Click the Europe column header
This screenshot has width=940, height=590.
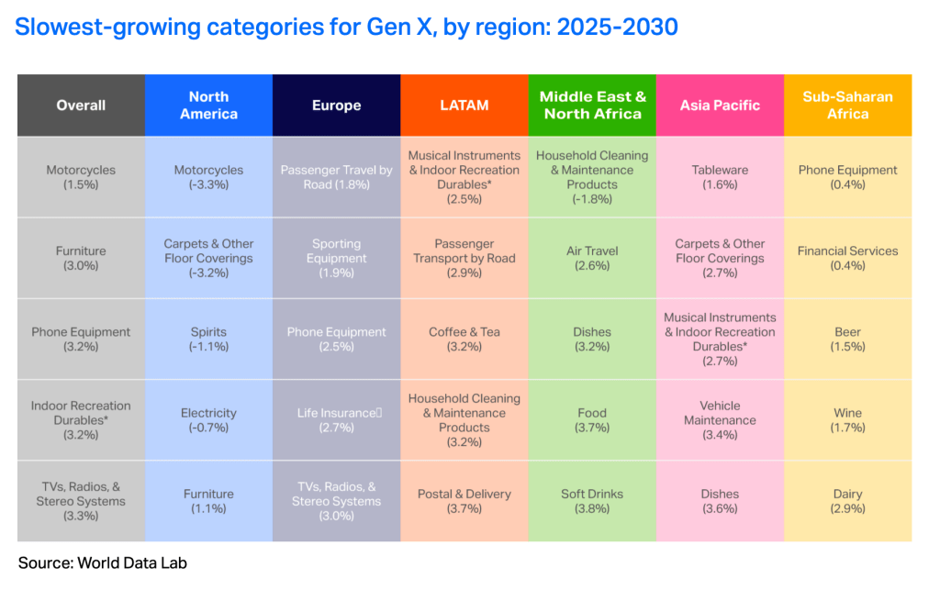click(x=336, y=106)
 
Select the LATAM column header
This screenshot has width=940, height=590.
click(x=464, y=106)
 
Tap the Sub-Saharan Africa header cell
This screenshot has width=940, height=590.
click(x=847, y=106)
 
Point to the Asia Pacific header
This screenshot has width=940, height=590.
click(x=720, y=106)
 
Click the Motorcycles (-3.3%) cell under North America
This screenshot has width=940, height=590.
click(x=208, y=177)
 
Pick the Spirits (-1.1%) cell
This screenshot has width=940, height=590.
click(x=208, y=339)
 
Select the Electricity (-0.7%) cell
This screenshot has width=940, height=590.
click(x=208, y=420)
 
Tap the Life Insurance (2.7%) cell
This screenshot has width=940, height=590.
click(x=336, y=420)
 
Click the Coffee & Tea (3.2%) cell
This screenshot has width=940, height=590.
click(x=464, y=339)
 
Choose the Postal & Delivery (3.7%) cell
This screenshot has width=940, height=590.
click(x=464, y=501)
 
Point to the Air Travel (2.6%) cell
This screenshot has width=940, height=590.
click(x=592, y=258)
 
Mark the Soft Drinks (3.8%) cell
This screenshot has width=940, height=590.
click(x=592, y=501)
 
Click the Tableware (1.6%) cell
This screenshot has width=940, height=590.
click(x=720, y=177)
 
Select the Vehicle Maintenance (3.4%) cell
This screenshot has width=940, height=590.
click(x=720, y=420)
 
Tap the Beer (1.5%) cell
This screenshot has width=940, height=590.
click(x=847, y=339)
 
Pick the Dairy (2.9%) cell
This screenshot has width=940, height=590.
click(x=847, y=501)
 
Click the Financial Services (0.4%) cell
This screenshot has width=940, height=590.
click(x=847, y=258)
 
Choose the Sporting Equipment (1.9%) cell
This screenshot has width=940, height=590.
click(x=336, y=258)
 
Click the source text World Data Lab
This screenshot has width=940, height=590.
click(x=132, y=563)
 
